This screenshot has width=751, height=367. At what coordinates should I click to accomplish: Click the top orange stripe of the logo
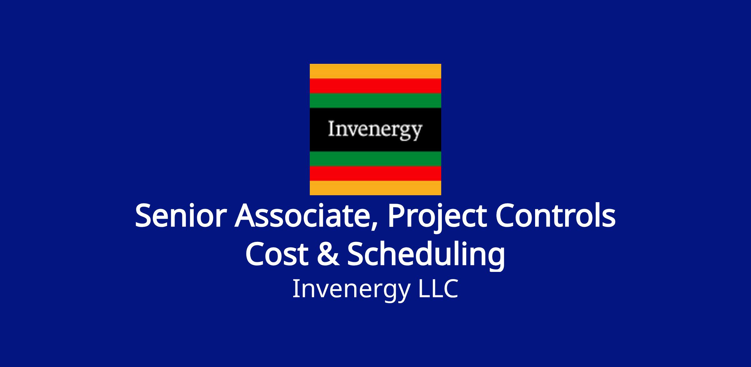375,71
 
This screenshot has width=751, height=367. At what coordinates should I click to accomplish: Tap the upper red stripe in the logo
375,86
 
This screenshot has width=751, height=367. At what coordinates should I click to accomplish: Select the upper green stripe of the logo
375,100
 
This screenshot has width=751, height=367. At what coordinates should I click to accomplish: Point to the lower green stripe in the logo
375,159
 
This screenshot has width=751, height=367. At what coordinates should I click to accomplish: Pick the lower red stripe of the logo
375,173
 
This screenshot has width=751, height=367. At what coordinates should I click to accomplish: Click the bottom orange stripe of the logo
375,188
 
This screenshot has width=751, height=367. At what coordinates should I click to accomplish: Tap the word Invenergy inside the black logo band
375,130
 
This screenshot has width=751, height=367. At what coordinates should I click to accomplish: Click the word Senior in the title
181,216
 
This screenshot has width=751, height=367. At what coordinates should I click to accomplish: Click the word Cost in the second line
278,254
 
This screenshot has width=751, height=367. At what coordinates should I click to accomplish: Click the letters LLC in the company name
438,288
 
